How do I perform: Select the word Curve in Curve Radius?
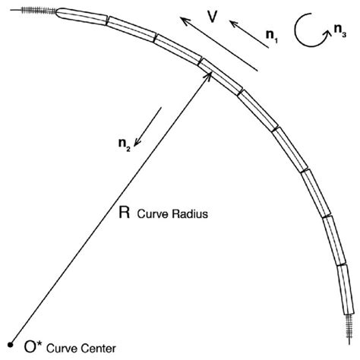(x=150, y=216)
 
